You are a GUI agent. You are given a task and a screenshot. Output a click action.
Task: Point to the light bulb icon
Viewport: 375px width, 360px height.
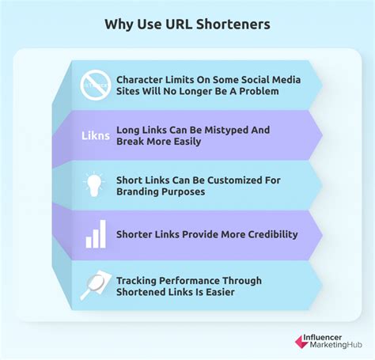pyautogui.click(x=93, y=184)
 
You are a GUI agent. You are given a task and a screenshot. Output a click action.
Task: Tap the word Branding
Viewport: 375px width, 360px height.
pyautogui.click(x=140, y=192)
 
